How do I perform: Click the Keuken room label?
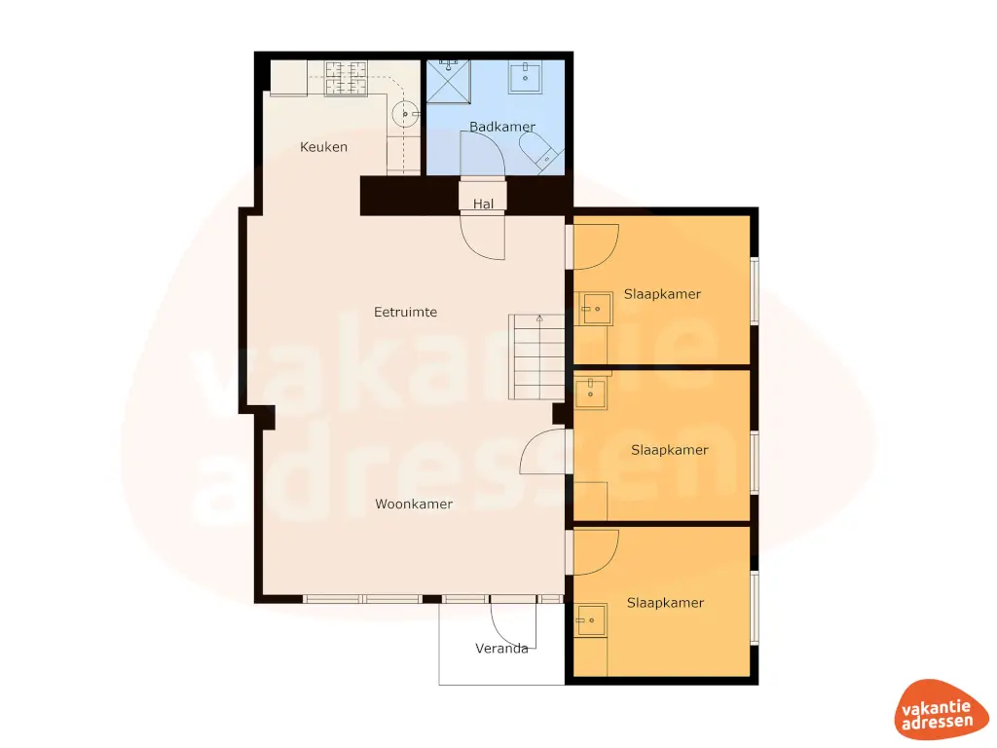coord(323,147)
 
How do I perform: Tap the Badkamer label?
coord(502,127)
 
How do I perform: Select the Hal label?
coord(483,204)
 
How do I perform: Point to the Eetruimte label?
coord(405,313)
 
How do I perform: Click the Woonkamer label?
coord(414,504)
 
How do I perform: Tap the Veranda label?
coord(501,648)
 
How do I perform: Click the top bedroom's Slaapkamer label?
coord(662,294)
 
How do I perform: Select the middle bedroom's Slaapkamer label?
coord(669,450)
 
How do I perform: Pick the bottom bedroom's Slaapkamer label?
coord(665,603)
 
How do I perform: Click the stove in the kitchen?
coord(346,78)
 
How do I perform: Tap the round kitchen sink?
coord(406,114)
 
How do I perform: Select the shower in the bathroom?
coord(448,80)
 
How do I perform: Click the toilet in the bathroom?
coord(538,152)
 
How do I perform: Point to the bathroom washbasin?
coord(524,76)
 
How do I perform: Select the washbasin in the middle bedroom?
coord(589,394)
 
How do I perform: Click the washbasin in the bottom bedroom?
coord(591,618)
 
